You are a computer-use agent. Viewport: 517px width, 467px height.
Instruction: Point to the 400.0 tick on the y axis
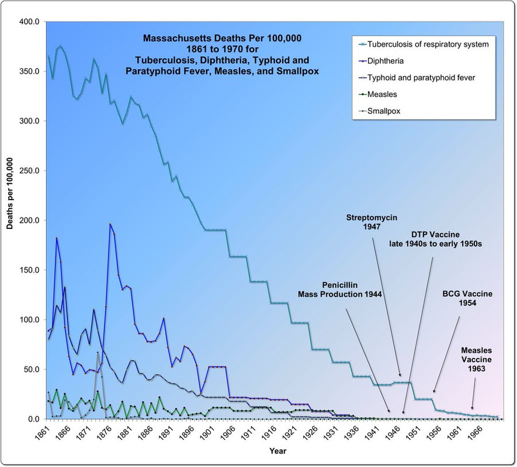pyautogui.click(x=29, y=22)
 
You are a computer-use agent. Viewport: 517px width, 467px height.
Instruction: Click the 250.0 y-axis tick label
pyautogui.click(x=29, y=170)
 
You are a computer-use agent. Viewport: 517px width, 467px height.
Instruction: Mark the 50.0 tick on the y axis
pyautogui.click(x=31, y=370)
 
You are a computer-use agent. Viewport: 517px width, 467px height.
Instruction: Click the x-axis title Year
pyautogui.click(x=278, y=451)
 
